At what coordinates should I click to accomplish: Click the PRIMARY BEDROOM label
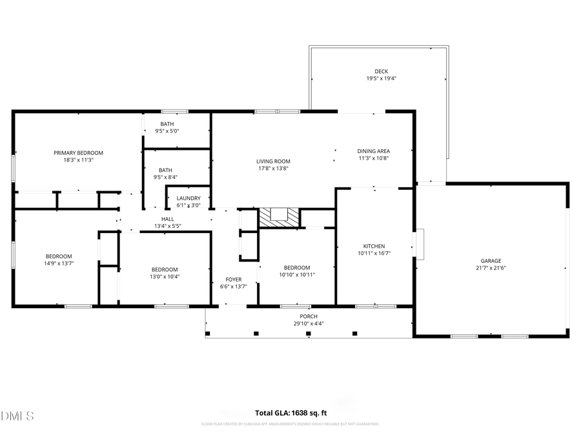coord(78,153)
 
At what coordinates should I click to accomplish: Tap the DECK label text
coord(381,72)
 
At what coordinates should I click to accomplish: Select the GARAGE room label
coord(491,261)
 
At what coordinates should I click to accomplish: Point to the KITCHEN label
coord(374,246)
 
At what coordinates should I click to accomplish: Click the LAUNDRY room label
coord(189,198)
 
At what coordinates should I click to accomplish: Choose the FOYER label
coord(233,280)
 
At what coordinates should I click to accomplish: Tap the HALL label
coord(168,219)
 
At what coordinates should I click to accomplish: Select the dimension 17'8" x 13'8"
coord(272,169)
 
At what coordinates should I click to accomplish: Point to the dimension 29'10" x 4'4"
coord(309,324)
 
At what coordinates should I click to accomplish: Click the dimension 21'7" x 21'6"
coord(491,268)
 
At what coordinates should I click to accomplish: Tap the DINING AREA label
coord(373,151)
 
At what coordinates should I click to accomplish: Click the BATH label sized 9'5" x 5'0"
coord(167,124)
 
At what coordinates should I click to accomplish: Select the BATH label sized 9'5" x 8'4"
coord(167,170)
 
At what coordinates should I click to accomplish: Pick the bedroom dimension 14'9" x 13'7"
coord(59,264)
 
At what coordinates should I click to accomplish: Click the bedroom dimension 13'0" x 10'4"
coord(165,276)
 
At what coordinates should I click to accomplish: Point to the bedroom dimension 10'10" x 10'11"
coord(297,275)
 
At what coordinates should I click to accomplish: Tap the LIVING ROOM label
coord(273,161)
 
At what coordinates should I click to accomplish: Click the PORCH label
coord(309,317)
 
